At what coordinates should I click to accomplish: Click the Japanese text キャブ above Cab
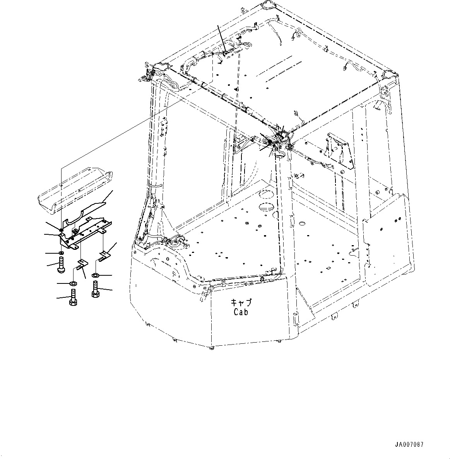tap(240, 303)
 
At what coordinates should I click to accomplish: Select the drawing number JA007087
tap(410, 444)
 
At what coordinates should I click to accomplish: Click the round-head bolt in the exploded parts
tap(62, 267)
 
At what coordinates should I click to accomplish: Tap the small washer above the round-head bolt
tap(61, 253)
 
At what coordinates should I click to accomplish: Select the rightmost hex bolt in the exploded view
tap(95, 290)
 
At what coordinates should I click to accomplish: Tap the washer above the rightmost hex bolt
tap(95, 275)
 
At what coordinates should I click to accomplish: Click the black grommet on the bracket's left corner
tap(62, 230)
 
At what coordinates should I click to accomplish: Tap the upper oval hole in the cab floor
tap(266, 194)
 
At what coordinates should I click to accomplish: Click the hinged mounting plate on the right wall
tap(339, 151)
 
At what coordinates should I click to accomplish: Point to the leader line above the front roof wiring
tap(221, 36)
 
